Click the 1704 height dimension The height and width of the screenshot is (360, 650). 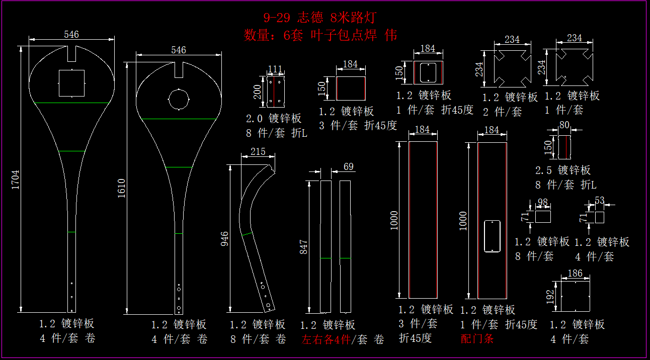16,179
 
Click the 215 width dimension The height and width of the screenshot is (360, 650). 257,151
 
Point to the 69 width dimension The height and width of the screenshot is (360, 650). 348,166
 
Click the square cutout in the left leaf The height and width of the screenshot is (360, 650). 72,83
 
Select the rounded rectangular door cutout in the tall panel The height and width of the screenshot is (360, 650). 491,236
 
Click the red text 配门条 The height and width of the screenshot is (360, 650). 477,338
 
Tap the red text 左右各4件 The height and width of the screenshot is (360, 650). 326,339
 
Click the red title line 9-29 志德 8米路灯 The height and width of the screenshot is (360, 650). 319,18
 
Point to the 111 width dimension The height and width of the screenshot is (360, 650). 275,69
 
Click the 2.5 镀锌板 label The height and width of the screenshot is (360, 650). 563,170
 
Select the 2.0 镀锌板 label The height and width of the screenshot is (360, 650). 274,119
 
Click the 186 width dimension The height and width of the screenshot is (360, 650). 575,274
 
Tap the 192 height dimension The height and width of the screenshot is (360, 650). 550,296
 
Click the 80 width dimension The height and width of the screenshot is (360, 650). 564,124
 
